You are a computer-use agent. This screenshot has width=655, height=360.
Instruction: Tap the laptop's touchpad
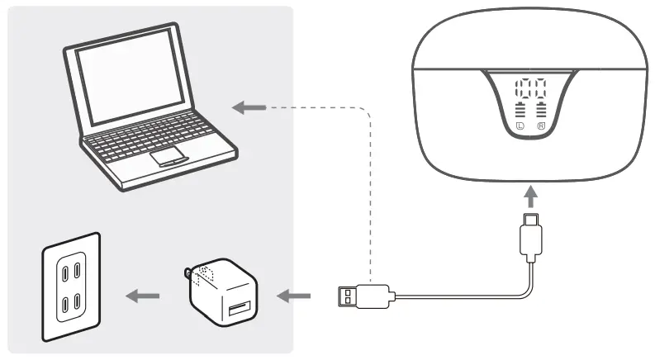[168, 157]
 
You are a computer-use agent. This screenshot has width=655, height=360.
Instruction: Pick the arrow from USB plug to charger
[296, 295]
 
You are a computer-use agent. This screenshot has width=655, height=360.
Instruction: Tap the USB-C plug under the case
[530, 235]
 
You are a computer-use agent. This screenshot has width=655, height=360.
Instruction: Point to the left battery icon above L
[520, 111]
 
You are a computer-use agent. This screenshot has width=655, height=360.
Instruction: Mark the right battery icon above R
[541, 111]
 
